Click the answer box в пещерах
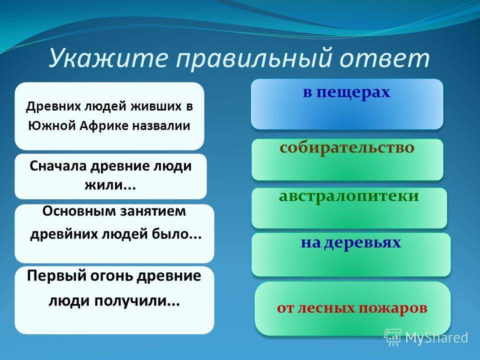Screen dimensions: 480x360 tap(347, 104)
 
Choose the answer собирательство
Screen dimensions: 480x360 tap(347, 159)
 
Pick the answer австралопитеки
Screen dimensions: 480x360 tap(349, 208)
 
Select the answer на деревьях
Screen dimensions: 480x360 tap(351, 254)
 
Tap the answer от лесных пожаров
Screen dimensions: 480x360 tap(352, 308)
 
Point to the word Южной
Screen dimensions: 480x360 tap(52, 126)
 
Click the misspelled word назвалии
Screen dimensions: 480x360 tap(161, 126)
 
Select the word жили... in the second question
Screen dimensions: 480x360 tap(110, 185)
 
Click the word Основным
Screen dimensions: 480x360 tap(79, 211)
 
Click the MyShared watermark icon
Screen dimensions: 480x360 tap(393, 337)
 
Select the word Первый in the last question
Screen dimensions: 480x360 tap(56, 276)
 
